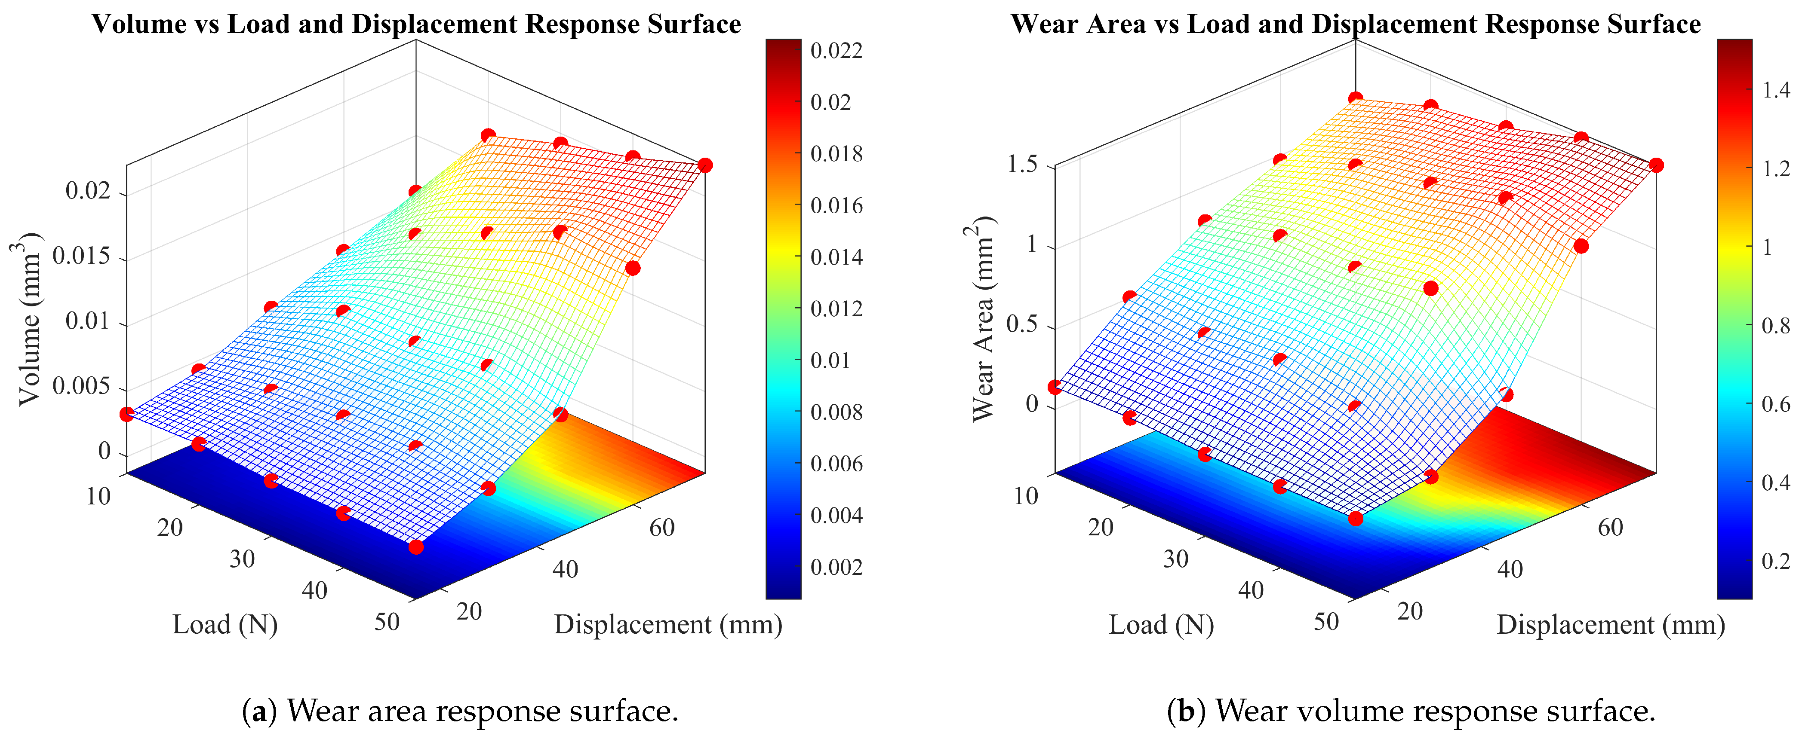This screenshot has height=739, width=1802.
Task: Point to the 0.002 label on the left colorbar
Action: [x=836, y=567]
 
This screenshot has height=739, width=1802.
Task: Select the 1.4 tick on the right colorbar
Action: [x=1775, y=91]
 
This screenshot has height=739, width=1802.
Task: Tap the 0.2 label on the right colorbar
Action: [x=1775, y=561]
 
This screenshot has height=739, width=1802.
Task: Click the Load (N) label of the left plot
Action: [x=225, y=624]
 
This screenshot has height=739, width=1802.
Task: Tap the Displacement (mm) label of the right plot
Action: [x=1610, y=624]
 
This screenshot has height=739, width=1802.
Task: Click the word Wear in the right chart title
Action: [x=1043, y=24]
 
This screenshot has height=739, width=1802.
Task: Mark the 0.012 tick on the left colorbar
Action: [x=836, y=309]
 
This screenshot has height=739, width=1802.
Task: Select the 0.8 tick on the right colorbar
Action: [x=1775, y=326]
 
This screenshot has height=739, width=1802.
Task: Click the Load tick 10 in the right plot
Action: [x=1026, y=496]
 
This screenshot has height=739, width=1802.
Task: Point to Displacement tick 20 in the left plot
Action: [x=469, y=612]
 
